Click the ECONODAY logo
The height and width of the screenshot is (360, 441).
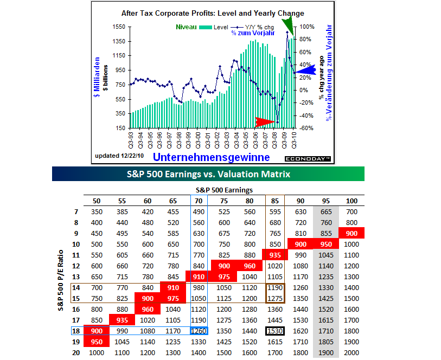point(307,158)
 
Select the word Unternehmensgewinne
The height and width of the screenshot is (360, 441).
point(212,157)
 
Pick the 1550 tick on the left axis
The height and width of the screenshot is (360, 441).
point(119,27)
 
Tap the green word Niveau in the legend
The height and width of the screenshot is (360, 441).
point(186,27)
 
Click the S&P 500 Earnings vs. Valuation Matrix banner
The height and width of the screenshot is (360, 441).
point(208,174)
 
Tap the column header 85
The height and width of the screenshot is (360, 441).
point(276,201)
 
